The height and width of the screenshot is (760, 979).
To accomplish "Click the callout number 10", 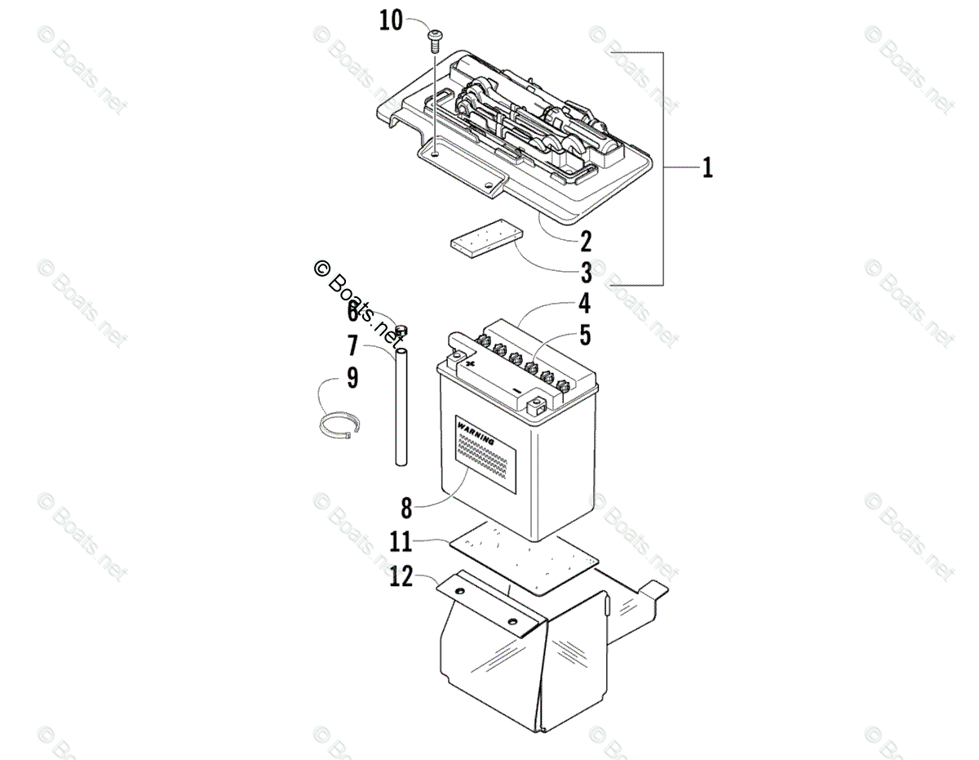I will (x=392, y=20).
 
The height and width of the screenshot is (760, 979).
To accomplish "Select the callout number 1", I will (x=707, y=168).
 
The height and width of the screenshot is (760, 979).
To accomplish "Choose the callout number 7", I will (x=352, y=346).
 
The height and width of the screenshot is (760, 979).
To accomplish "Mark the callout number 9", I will (x=352, y=378).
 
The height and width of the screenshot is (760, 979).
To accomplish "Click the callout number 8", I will (x=406, y=508).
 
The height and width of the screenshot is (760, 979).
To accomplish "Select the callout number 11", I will (x=401, y=541).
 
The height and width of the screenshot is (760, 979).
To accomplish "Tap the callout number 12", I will (x=401, y=576).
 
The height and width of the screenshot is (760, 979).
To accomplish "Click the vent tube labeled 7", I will (x=401, y=408).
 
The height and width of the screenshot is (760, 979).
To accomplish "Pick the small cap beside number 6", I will (x=400, y=330).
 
